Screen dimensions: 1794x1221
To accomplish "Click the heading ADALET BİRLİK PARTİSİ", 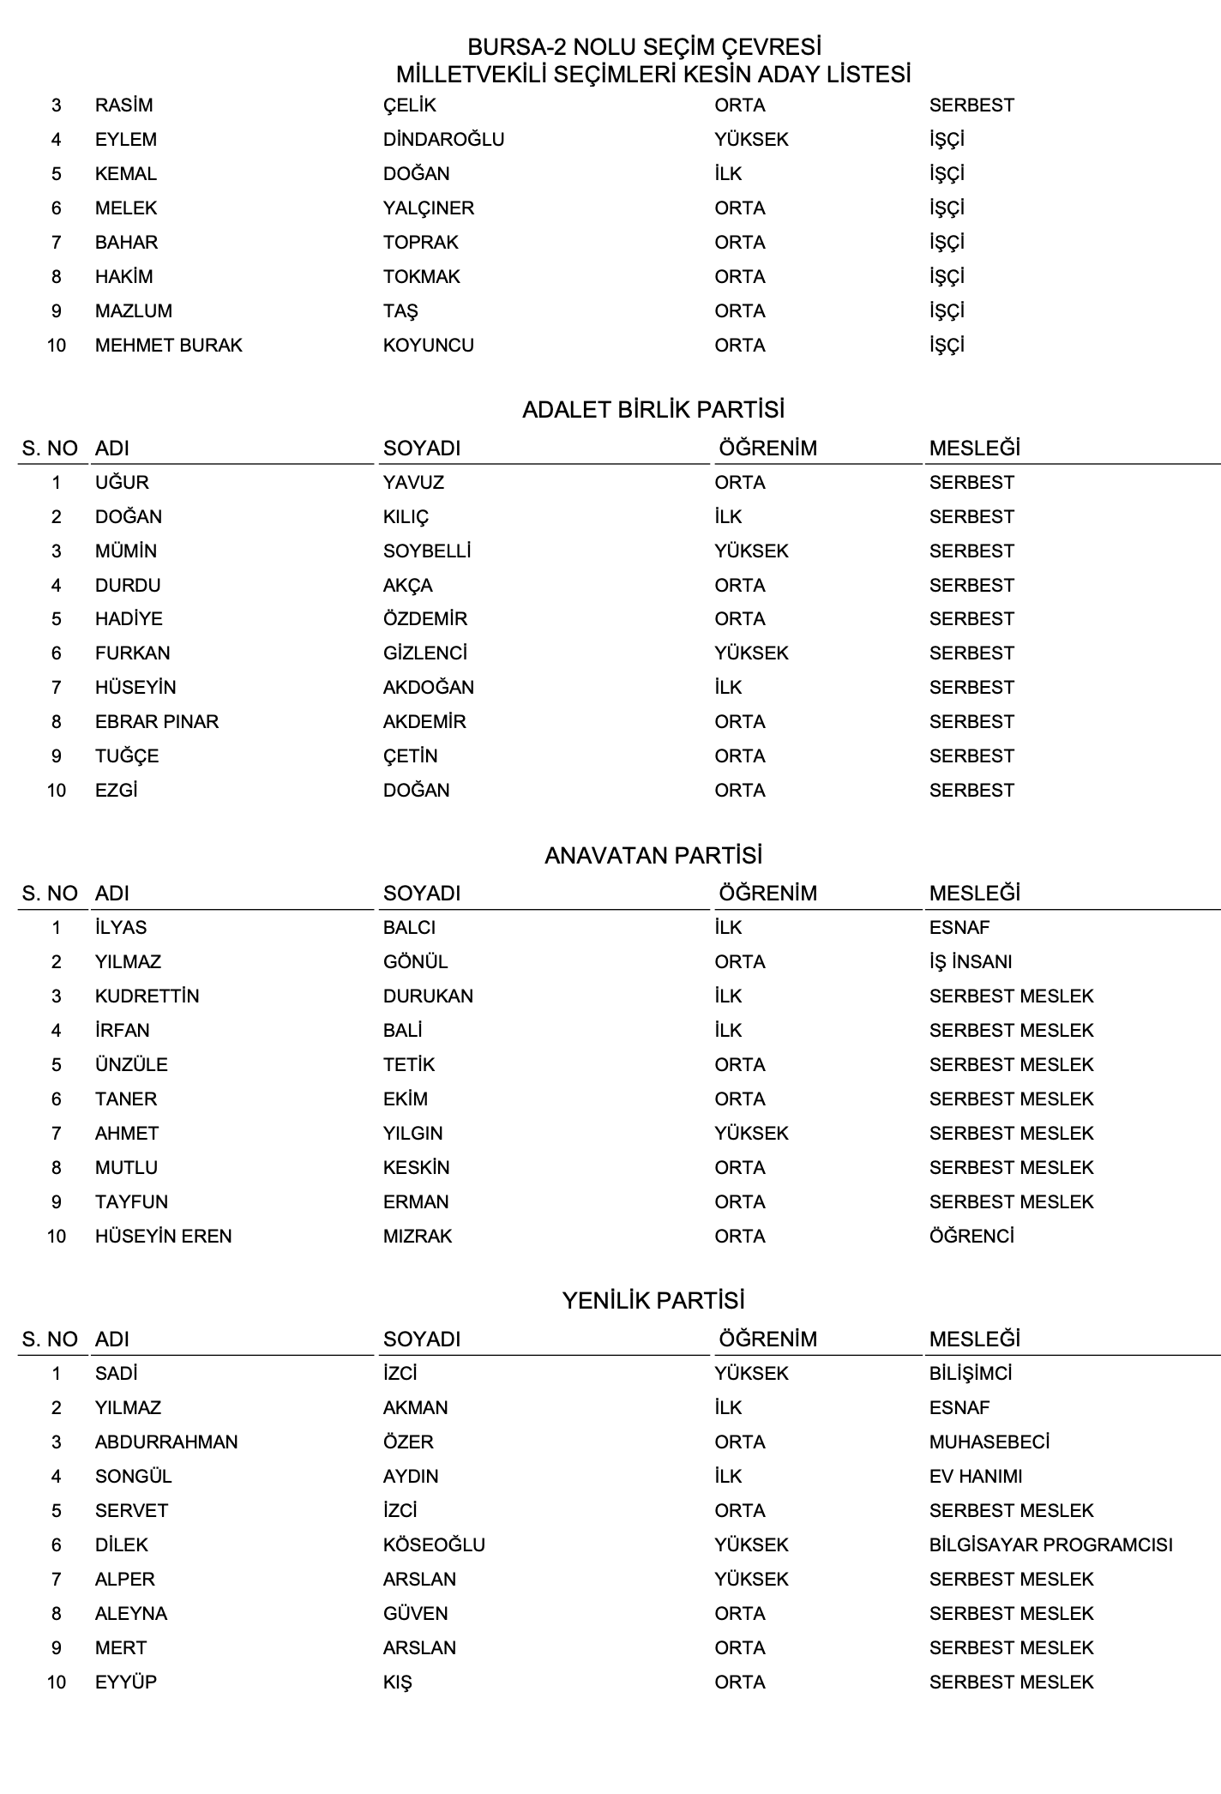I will (653, 410).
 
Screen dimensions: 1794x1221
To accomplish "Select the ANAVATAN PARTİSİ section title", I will (653, 856).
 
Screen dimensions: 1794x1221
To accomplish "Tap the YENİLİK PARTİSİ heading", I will (653, 1301).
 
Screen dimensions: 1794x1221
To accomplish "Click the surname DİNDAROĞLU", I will (443, 140).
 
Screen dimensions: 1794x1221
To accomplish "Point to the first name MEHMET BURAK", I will (168, 346).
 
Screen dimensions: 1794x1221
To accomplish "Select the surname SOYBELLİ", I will (427, 551).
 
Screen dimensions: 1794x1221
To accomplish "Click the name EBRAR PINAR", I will (157, 722).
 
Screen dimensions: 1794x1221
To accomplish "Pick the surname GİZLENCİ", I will (425, 653).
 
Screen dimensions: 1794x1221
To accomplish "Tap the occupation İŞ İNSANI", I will (971, 962).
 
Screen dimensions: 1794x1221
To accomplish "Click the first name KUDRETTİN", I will (147, 996).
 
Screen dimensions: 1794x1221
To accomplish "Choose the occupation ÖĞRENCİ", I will (971, 1237).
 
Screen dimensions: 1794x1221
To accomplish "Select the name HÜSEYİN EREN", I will (163, 1237).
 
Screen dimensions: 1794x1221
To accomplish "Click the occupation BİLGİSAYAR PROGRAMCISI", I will (1050, 1545).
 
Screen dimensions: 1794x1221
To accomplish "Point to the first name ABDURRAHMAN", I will (166, 1442).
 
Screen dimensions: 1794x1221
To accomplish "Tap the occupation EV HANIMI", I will (976, 1477).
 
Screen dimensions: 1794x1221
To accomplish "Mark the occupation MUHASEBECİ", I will (989, 1442).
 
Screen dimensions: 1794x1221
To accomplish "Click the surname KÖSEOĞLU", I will (434, 1545).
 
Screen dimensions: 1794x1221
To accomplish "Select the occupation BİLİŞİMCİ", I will (971, 1374).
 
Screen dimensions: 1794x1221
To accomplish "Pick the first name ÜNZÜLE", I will (131, 1065).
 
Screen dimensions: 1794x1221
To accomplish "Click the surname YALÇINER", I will (429, 208).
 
